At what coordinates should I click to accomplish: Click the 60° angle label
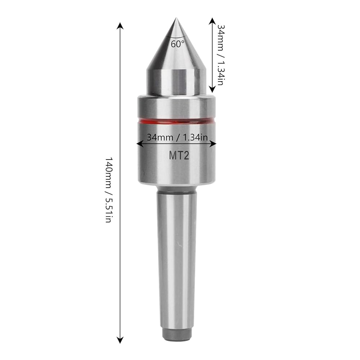(x=177, y=44)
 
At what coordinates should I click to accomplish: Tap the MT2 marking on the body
(x=179, y=156)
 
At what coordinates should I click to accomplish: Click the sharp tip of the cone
(x=176, y=18)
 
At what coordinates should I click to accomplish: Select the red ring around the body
(x=176, y=121)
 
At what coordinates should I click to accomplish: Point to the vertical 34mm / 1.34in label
(x=220, y=55)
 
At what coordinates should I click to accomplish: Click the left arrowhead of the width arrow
(x=140, y=144)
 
